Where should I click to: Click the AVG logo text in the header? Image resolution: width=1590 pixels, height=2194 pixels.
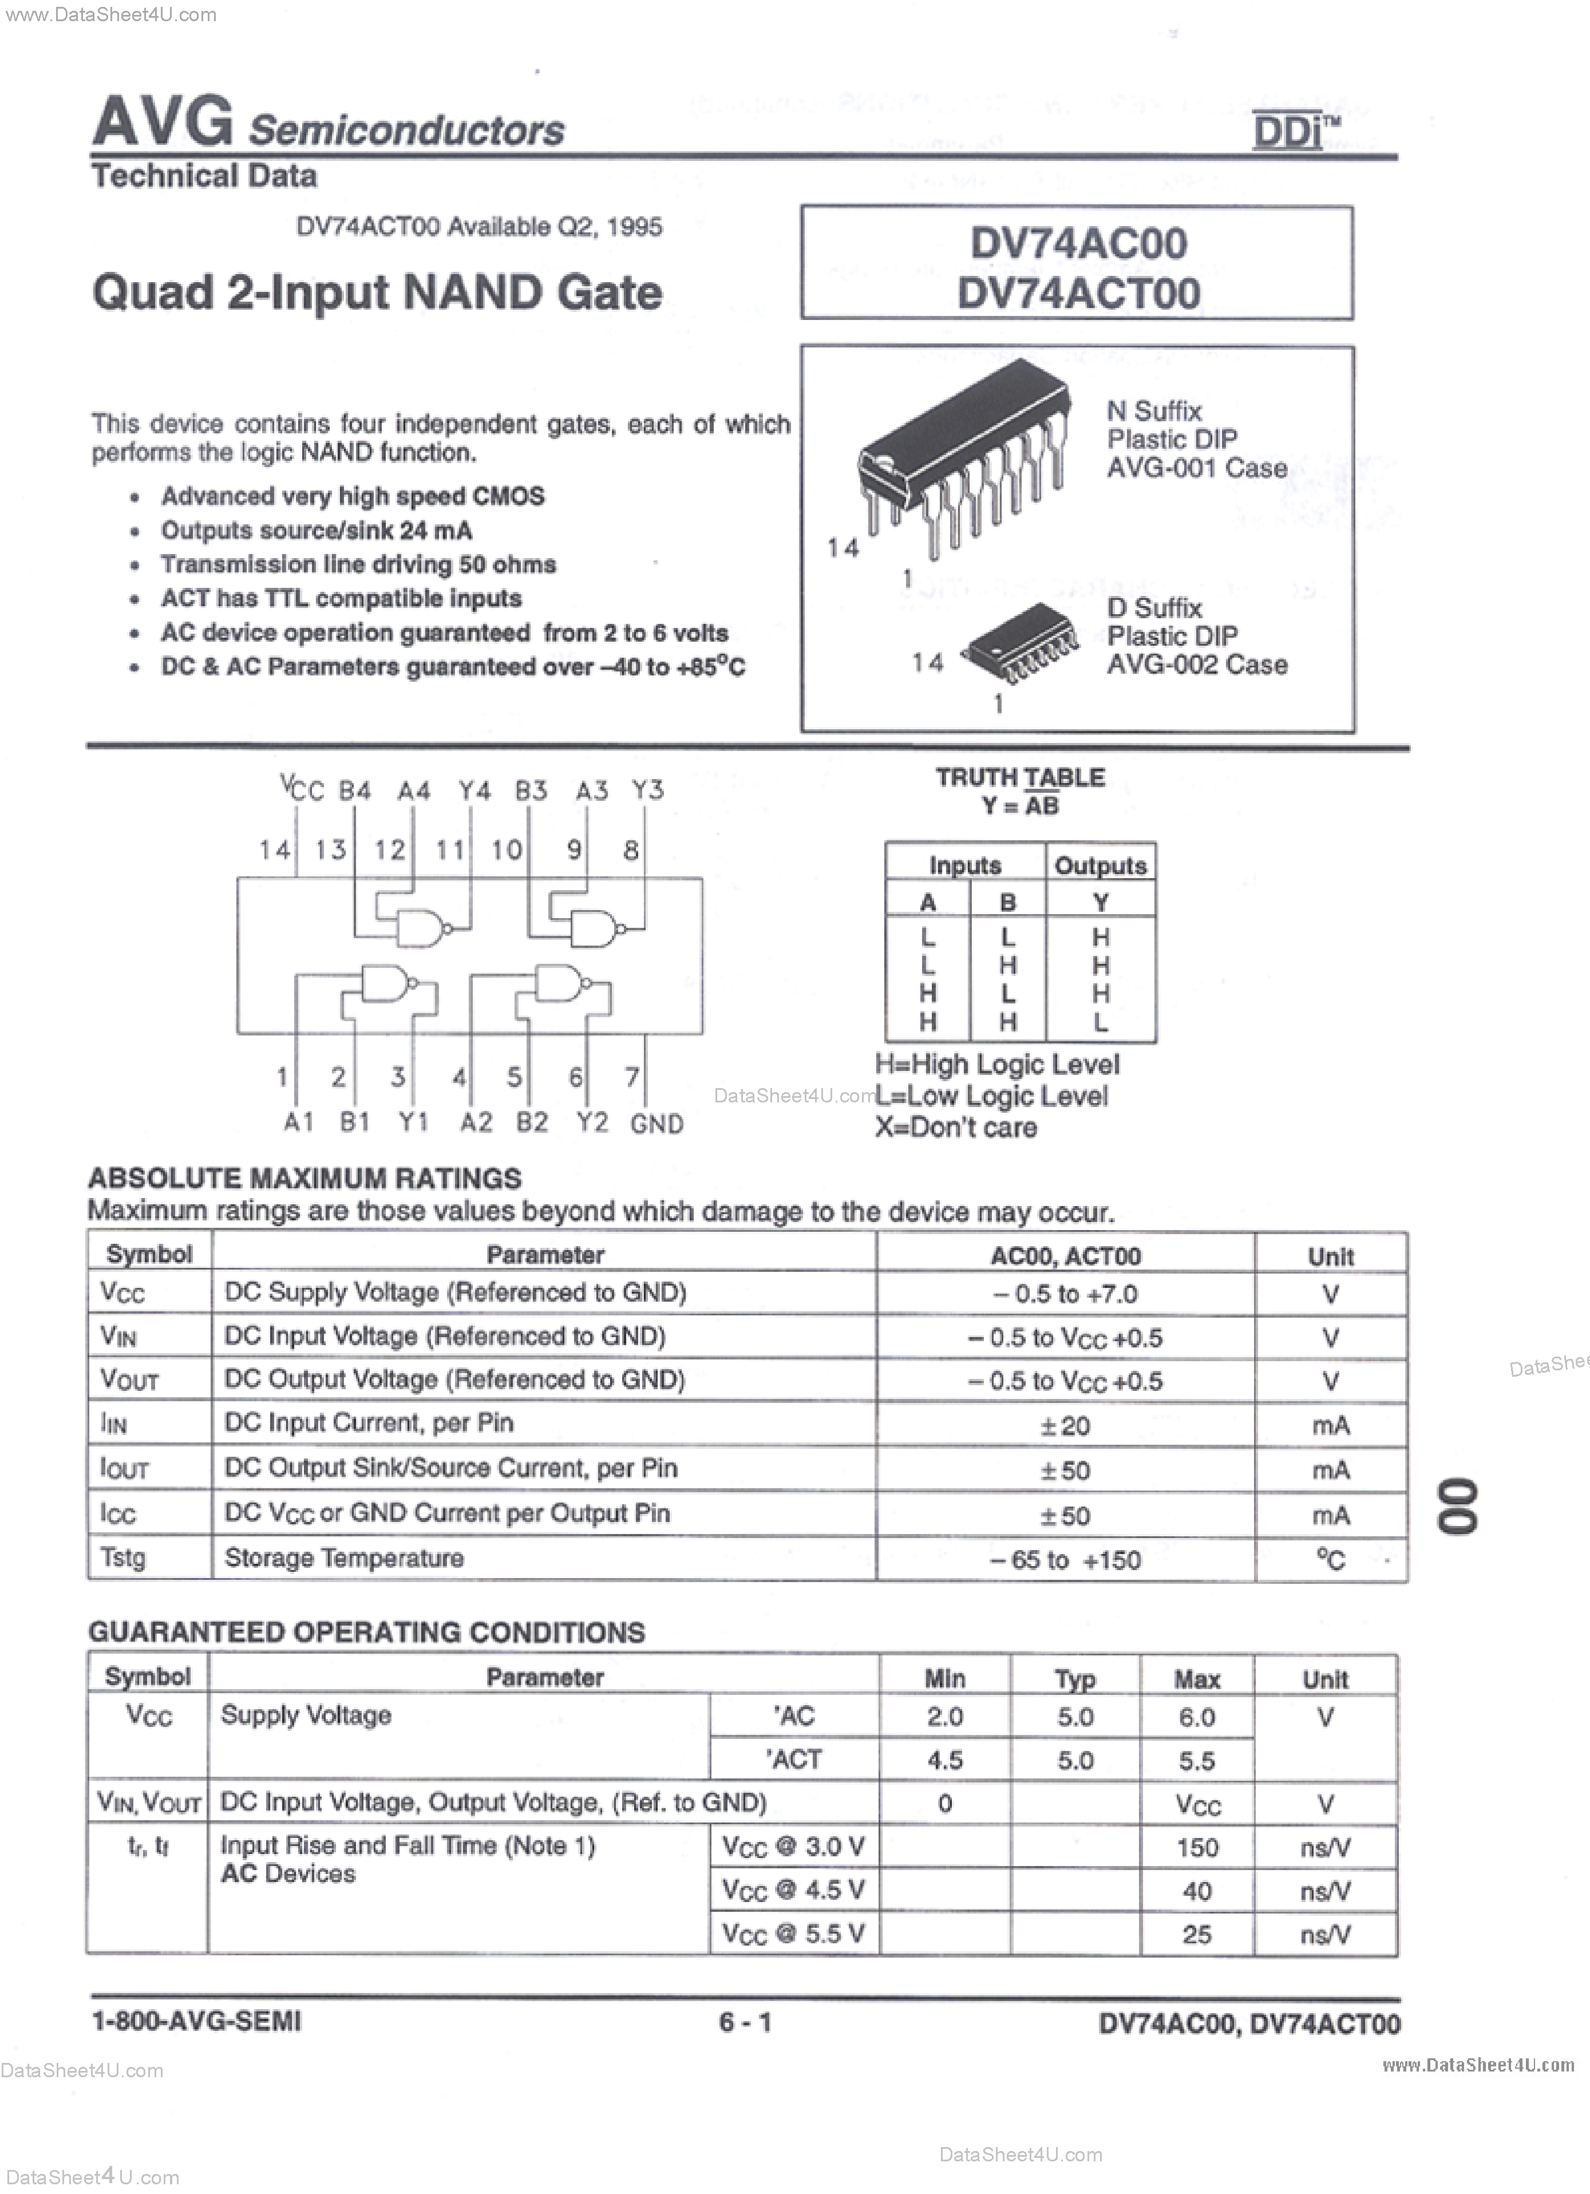point(163,123)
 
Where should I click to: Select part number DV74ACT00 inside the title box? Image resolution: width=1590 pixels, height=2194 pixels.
point(1078,293)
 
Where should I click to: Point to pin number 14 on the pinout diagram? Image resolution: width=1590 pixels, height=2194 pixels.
point(275,851)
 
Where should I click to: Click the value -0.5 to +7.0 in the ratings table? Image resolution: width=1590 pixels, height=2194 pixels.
point(1065,1294)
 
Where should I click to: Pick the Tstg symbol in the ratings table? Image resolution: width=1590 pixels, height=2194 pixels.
point(123,1557)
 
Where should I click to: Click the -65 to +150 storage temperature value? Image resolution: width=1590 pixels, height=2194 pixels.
point(1065,1559)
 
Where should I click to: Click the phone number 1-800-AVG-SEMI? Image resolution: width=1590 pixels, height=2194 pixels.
point(196,2021)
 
